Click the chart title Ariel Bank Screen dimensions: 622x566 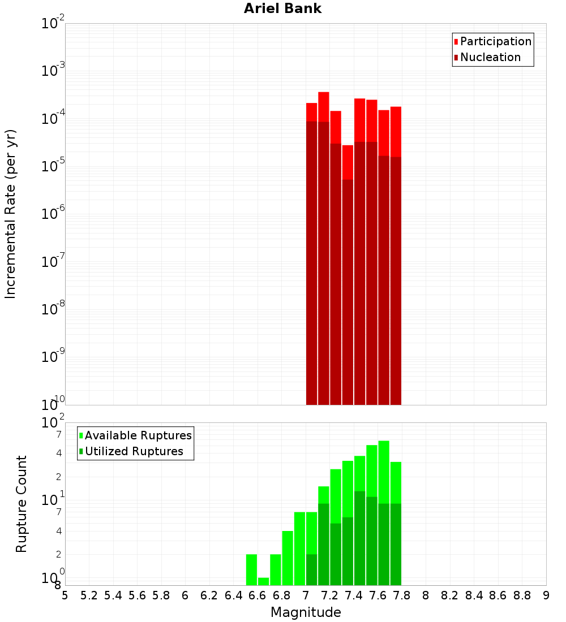tap(282, 9)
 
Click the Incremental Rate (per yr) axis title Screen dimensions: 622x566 tap(11, 214)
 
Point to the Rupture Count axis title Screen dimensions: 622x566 tap(22, 503)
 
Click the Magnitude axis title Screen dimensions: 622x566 tap(306, 612)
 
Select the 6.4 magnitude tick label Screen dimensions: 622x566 tap(233, 595)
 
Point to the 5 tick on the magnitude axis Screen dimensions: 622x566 tap(65, 595)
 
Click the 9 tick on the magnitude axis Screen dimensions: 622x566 tap(546, 595)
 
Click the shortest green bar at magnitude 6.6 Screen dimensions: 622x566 tap(263, 581)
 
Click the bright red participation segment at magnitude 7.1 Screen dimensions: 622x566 tap(324, 107)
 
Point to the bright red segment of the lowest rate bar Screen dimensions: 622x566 tap(348, 162)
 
